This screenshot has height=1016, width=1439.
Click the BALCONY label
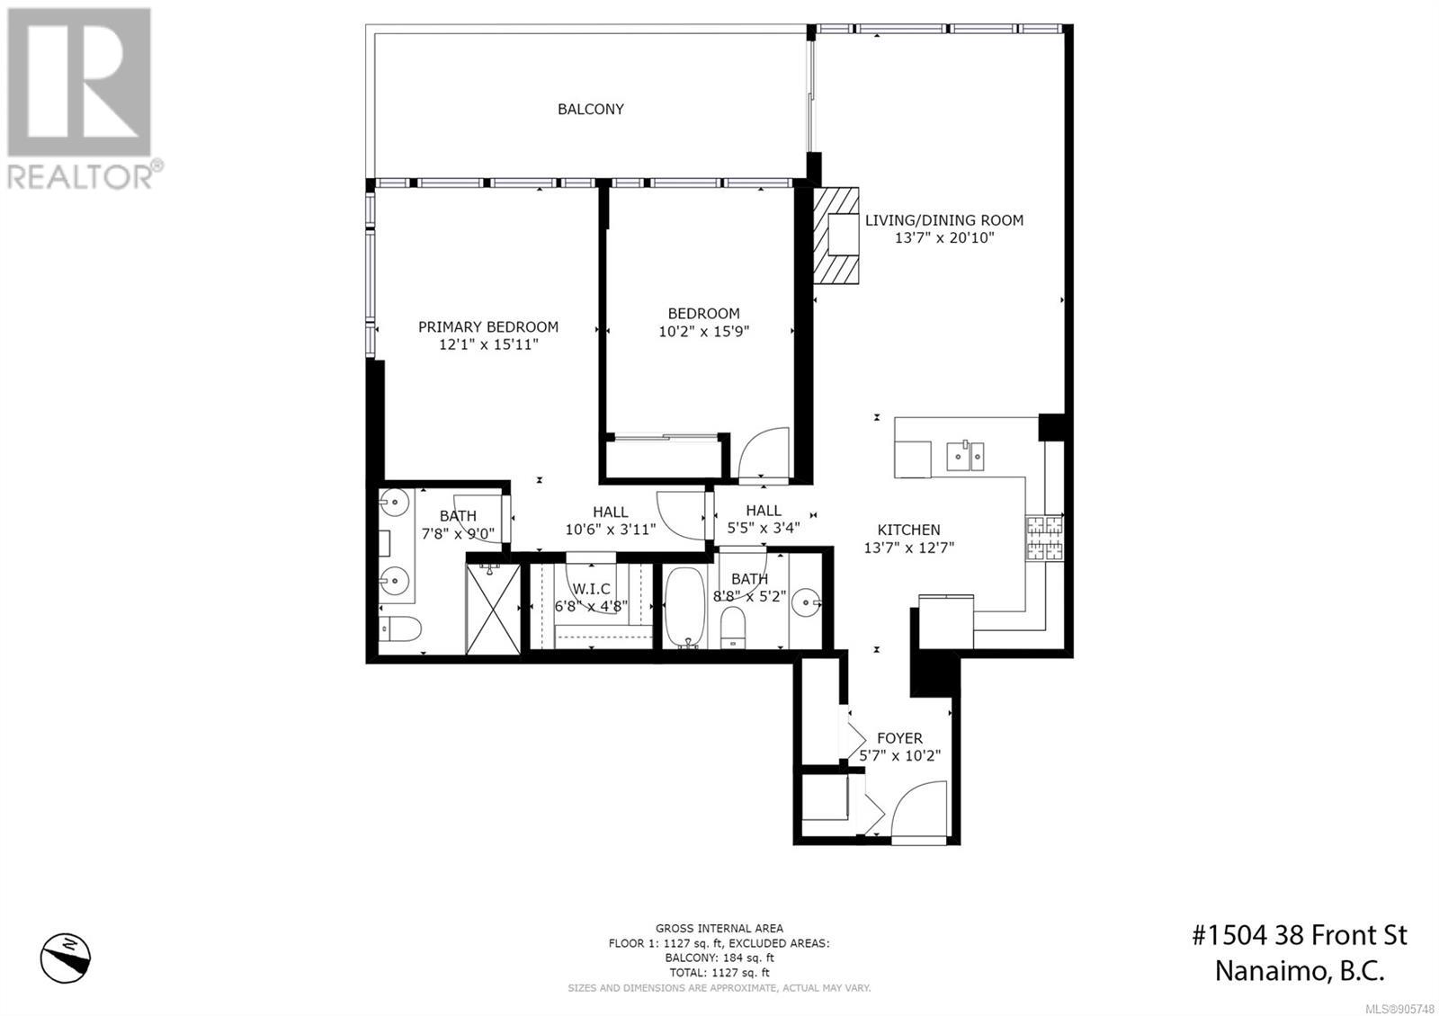pos(590,109)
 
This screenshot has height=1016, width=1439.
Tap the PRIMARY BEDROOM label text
pos(488,327)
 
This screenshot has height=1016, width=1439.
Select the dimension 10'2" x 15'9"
pos(704,332)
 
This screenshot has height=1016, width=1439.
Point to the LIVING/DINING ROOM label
pos(944,220)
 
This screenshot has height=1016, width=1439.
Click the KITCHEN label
pos(908,530)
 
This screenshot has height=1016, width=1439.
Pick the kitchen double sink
pos(965,456)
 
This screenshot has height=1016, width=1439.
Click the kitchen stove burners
pos(1044,539)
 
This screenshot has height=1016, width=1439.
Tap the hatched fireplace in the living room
pos(836,236)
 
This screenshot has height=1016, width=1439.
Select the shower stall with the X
pos(493,609)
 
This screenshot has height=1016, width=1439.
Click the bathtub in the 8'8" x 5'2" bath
pos(684,608)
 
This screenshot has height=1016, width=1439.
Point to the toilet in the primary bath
pos(399,628)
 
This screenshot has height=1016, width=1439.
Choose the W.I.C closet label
pos(591,589)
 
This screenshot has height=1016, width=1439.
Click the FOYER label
pos(899,738)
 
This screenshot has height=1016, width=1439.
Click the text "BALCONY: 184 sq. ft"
pos(719,958)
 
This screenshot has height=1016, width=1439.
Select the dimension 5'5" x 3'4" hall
pos(764,528)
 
